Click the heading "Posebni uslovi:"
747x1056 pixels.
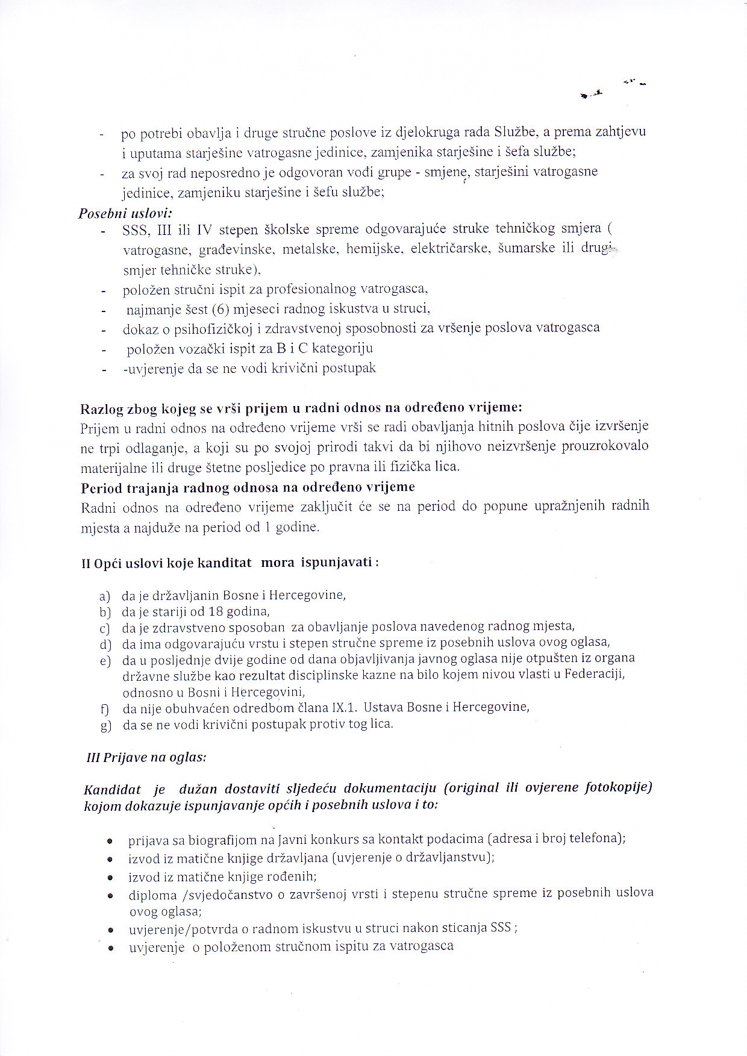(125, 213)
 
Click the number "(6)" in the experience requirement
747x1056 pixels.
(220, 310)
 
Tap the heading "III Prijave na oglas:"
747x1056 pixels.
(146, 757)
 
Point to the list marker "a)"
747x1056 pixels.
(105, 596)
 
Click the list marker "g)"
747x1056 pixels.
(106, 725)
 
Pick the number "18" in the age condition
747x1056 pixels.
(208, 612)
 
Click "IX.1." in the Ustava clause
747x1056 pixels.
(344, 707)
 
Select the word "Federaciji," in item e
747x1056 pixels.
(594, 674)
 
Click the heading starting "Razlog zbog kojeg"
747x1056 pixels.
(301, 408)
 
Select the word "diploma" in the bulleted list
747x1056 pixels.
(152, 896)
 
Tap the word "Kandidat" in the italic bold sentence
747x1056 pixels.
(112, 790)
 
